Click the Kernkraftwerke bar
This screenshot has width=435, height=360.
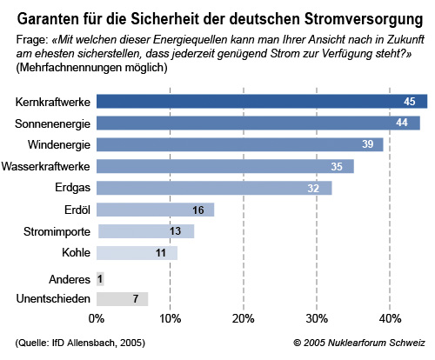tap(262, 102)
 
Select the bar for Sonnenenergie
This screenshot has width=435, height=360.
tap(258, 123)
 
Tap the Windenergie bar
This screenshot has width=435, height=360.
tap(240, 144)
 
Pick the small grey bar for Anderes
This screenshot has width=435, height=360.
tap(100, 279)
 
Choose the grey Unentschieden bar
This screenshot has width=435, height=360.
tap(122, 299)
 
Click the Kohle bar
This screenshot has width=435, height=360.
tap(137, 253)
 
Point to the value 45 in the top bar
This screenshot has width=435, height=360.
tap(410, 102)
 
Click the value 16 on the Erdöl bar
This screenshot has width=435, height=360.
tap(198, 210)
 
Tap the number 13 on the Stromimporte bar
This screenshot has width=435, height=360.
tap(175, 231)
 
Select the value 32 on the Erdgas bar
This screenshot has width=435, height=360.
tap(313, 189)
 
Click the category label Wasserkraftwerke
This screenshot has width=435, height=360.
tap(45, 166)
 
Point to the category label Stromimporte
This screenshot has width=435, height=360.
tap(57, 231)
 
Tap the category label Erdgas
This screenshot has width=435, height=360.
tap(72, 188)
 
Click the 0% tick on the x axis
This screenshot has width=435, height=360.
tap(97, 318)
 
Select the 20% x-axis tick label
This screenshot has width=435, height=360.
tap(243, 318)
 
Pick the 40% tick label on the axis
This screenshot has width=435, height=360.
tap(390, 318)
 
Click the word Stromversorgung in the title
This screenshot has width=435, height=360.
tap(364, 19)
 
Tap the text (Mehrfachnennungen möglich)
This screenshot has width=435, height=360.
tap(91, 68)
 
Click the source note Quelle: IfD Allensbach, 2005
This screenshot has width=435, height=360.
tap(80, 343)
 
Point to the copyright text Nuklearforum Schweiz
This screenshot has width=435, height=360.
tap(376, 343)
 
